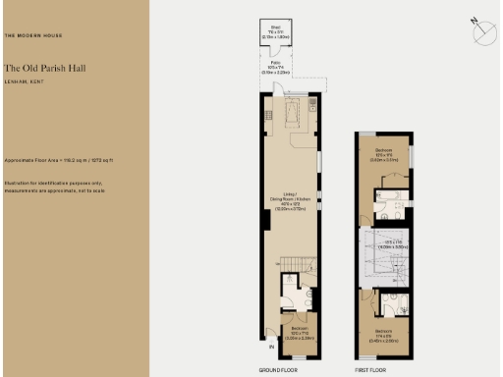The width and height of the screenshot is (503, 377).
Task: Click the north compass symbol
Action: click(484, 32)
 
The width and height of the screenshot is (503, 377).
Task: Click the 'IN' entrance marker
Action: click(271, 347)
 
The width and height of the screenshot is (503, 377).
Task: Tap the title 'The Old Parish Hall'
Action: click(41, 68)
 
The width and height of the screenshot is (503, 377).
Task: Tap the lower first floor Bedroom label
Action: click(385, 335)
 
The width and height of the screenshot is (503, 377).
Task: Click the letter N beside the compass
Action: click(473, 20)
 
